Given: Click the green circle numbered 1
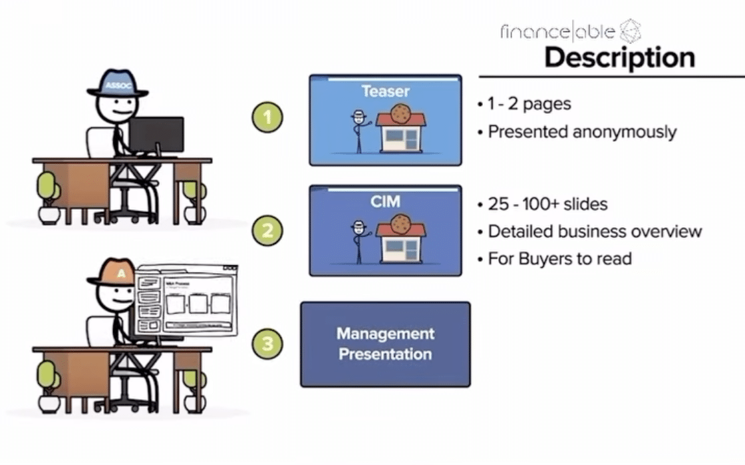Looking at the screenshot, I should click(267, 118).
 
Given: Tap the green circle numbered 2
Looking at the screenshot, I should click(267, 231).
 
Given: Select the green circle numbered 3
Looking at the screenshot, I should click(267, 344).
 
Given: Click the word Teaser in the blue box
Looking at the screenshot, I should click(385, 91).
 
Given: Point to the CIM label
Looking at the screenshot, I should click(385, 201).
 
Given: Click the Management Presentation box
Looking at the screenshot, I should click(385, 344).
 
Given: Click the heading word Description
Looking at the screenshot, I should click(619, 57).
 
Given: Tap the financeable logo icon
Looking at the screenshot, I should click(630, 31).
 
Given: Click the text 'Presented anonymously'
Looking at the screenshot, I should click(582, 132).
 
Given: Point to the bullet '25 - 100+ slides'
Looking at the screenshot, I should click(547, 204).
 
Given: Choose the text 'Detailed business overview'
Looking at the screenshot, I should click(595, 231).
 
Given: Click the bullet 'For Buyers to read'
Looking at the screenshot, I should click(559, 258).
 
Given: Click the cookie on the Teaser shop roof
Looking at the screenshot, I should click(400, 113).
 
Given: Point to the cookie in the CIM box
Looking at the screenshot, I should click(400, 223).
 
